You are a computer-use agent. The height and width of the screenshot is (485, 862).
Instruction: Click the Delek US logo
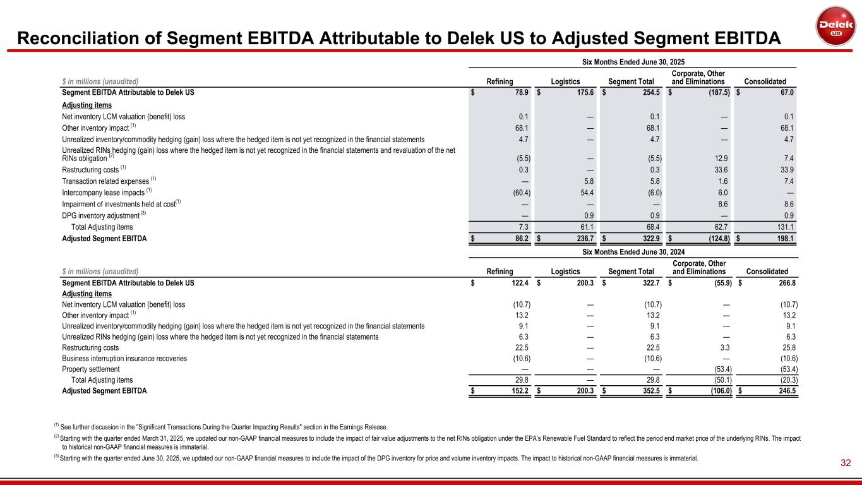pyautogui.click(x=835, y=26)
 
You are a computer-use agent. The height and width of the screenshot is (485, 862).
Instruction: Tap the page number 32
pyautogui.click(x=846, y=464)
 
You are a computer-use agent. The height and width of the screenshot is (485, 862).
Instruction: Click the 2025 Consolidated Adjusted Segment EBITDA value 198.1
pyautogui.click(x=782, y=238)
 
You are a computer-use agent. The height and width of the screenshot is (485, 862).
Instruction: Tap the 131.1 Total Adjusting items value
pyautogui.click(x=782, y=227)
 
